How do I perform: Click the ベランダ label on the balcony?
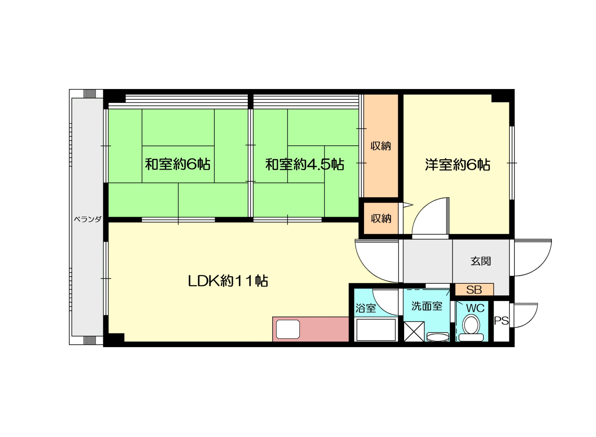[88, 219]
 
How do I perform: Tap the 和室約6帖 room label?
[177, 164]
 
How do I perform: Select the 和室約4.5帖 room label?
[305, 164]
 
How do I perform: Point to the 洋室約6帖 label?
[458, 164]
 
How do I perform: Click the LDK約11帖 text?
[228, 281]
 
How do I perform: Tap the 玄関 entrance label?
[481, 261]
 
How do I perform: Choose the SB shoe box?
[474, 290]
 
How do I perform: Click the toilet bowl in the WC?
[471, 328]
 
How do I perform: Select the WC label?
[475, 308]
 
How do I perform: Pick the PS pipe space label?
[501, 321]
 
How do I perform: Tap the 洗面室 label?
[427, 306]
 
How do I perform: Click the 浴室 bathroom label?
[366, 308]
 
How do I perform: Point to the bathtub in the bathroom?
[376, 330]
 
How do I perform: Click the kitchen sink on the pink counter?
[288, 329]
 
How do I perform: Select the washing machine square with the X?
[414, 331]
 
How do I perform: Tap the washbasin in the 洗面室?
[438, 337]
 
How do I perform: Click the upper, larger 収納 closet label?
[381, 146]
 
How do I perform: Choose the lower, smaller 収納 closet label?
[381, 218]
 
